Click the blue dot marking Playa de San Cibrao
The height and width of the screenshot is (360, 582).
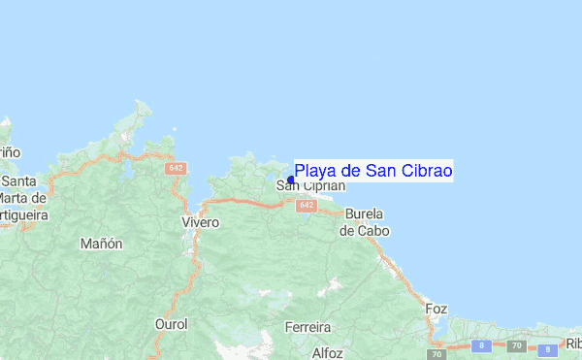[291, 179]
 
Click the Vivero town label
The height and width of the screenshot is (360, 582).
[201, 222]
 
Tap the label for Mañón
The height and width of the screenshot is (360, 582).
[102, 244]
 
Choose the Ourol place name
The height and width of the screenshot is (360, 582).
[172, 324]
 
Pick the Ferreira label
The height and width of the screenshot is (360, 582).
[308, 327]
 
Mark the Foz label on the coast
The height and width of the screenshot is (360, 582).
[436, 309]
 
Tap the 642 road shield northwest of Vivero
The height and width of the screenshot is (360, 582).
[176, 168]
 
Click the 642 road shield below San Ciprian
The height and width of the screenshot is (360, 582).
[307, 206]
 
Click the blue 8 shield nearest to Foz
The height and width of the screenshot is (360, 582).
[479, 344]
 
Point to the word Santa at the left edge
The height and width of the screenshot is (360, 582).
[18, 181]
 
